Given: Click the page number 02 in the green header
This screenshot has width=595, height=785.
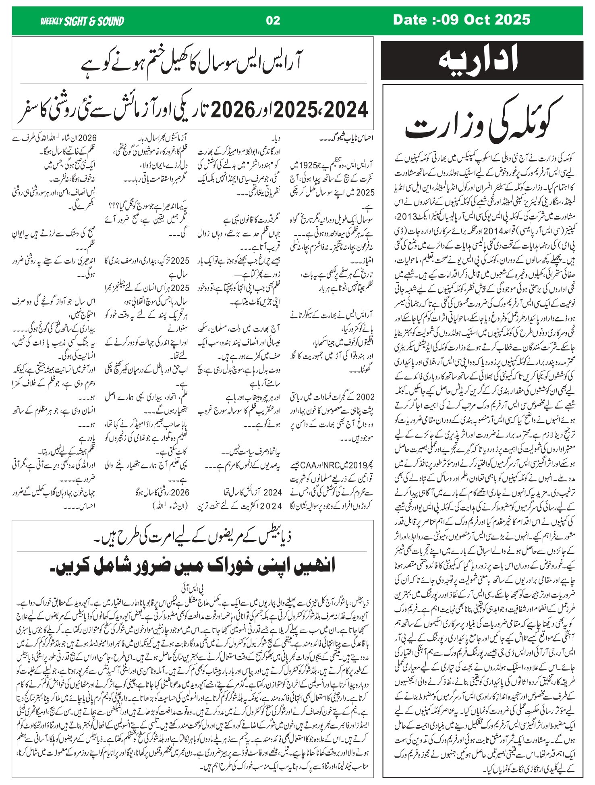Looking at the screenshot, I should tap(273, 20).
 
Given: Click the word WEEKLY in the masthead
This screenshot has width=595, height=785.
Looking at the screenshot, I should tap(52, 21).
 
